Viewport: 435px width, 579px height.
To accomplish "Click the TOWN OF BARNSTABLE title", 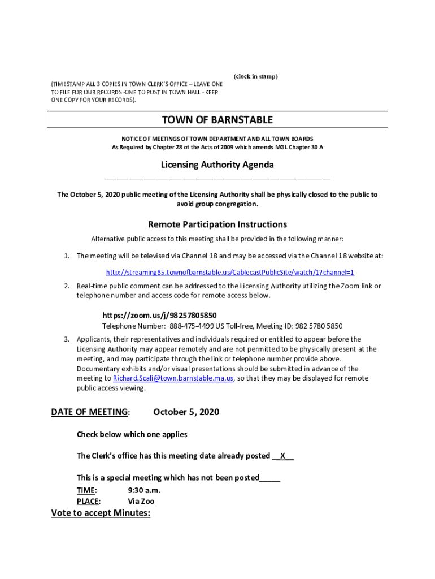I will point(217,120).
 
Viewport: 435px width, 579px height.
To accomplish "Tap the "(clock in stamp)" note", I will point(255,76).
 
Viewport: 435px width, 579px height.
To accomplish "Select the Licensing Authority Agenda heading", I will point(217,165).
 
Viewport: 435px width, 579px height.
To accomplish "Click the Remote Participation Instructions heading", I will point(217,224).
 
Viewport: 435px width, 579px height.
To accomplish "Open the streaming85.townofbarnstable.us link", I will point(230,273).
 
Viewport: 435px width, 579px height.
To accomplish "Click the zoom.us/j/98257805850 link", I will point(159,316).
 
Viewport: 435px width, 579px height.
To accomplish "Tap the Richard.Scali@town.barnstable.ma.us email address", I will point(173,378).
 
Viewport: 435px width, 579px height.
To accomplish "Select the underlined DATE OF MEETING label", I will point(89,412).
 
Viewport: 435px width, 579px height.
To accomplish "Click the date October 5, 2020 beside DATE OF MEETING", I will point(186,412).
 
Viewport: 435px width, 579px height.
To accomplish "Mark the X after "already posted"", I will point(282,456).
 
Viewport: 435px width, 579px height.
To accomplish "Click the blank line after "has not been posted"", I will point(269,478).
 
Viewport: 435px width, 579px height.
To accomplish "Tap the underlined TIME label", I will point(86,490).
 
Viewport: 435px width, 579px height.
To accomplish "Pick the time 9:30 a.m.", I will point(144,490).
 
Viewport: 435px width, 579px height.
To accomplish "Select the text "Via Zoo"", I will point(141,501).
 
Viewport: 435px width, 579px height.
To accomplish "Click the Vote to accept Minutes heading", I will point(101,513).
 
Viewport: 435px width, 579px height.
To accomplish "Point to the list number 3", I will point(66,339).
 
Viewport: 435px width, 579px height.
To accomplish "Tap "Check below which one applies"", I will point(132,435).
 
